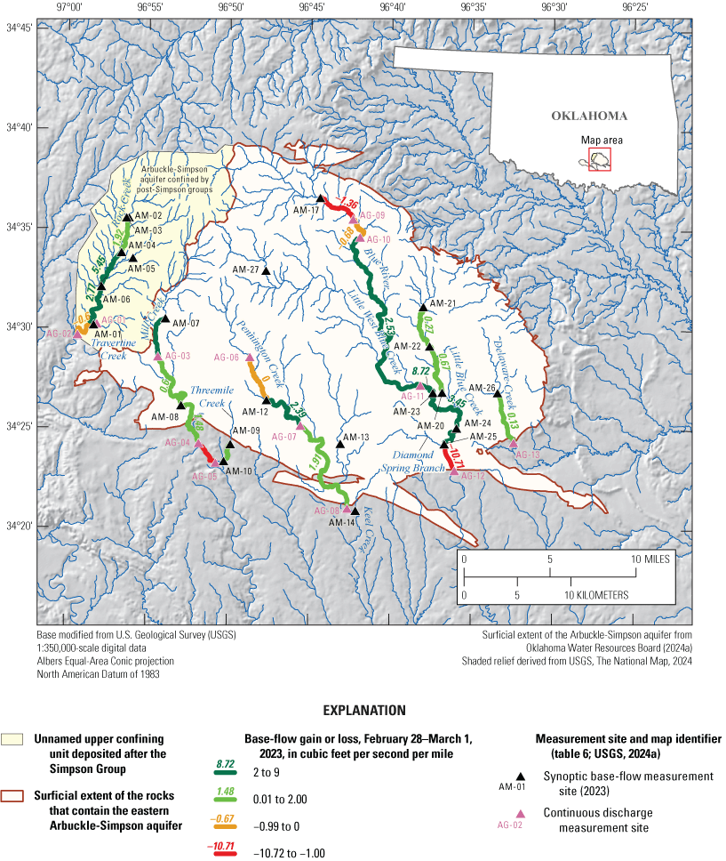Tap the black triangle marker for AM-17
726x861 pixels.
pyautogui.click(x=321, y=198)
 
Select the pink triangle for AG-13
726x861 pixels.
pyautogui.click(x=512, y=443)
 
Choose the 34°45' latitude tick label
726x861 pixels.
pyautogui.click(x=19, y=28)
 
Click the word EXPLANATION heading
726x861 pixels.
pyautogui.click(x=363, y=711)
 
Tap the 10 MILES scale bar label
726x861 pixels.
pyautogui.click(x=650, y=559)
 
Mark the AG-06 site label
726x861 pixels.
pyautogui.click(x=227, y=358)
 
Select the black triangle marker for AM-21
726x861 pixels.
pyautogui.click(x=423, y=307)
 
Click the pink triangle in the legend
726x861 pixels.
pyautogui.click(x=522, y=814)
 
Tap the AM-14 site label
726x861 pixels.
pyautogui.click(x=342, y=522)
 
